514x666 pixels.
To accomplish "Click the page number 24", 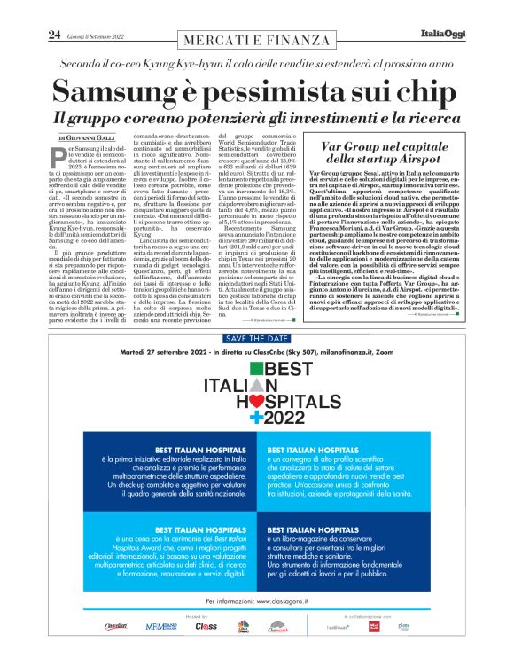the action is coord(53,35).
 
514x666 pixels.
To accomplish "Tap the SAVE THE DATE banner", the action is coord(256,339).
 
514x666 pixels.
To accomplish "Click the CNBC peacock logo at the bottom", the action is coord(242,626).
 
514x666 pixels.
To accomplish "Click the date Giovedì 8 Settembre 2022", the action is coord(99,35).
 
